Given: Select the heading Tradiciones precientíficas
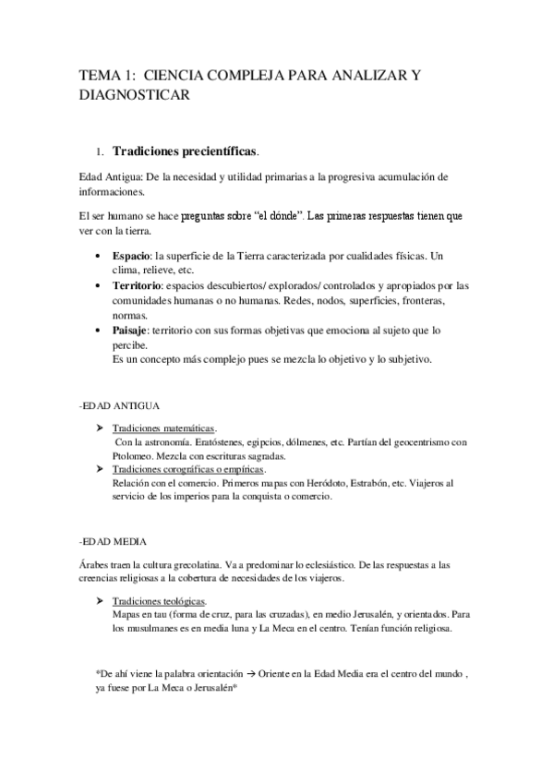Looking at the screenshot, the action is [185, 150].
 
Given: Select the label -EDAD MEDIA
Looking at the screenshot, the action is [114, 541].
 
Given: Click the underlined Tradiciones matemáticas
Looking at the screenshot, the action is [163, 428].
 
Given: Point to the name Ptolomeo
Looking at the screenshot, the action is [131, 456].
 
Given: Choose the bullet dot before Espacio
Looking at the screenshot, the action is [100, 255].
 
